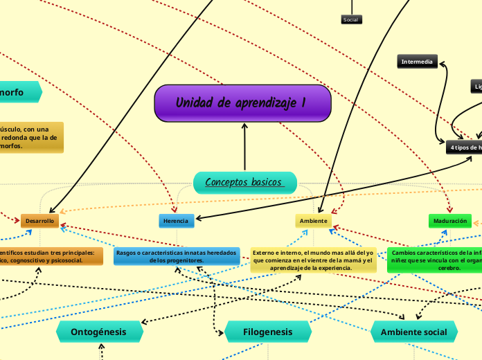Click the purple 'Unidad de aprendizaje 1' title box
click(x=242, y=103)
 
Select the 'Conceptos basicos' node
click(x=244, y=182)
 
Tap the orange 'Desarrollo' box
click(x=39, y=221)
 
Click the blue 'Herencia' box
click(x=177, y=221)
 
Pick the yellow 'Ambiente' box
click(x=314, y=221)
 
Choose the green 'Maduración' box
click(x=449, y=221)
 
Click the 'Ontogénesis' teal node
click(x=99, y=332)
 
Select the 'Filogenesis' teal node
click(x=268, y=332)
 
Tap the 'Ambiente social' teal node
click(x=413, y=332)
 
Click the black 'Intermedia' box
click(x=418, y=62)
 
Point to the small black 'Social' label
click(x=351, y=19)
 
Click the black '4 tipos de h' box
click(x=465, y=147)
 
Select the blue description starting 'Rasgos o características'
click(x=177, y=256)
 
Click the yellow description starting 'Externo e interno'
click(x=313, y=260)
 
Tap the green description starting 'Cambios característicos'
click(x=435, y=260)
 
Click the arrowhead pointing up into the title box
click(x=244, y=126)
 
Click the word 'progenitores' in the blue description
click(x=184, y=260)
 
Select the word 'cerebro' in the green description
click(x=449, y=267)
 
